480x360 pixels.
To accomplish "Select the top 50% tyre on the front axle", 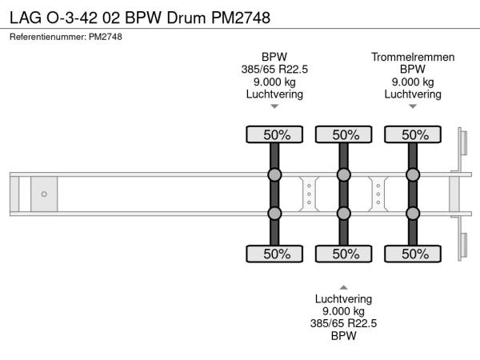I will click(x=274, y=134).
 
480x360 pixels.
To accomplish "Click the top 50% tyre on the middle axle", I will click(x=343, y=134).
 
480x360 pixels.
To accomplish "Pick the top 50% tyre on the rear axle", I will click(x=413, y=134).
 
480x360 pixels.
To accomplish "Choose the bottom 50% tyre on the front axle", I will click(x=274, y=254).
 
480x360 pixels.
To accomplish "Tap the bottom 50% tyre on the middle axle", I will click(x=343, y=254).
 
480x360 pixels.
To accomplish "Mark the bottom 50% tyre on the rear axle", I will click(x=413, y=254).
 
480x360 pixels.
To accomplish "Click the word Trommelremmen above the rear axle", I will click(x=413, y=57).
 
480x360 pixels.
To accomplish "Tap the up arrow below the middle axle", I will click(x=343, y=286).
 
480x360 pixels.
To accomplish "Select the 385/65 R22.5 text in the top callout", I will click(x=274, y=70).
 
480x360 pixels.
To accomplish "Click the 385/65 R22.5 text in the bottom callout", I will click(x=343, y=323).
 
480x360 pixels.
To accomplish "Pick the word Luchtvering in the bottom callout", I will click(x=343, y=298).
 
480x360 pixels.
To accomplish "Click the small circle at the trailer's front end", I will click(x=44, y=194).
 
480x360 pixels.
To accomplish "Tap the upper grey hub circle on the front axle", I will click(x=274, y=175).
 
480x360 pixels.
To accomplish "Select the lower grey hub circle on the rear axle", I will click(x=413, y=213).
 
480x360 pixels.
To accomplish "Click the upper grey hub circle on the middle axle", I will click(x=343, y=175).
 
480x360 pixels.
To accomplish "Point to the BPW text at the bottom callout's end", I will click(x=343, y=336).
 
